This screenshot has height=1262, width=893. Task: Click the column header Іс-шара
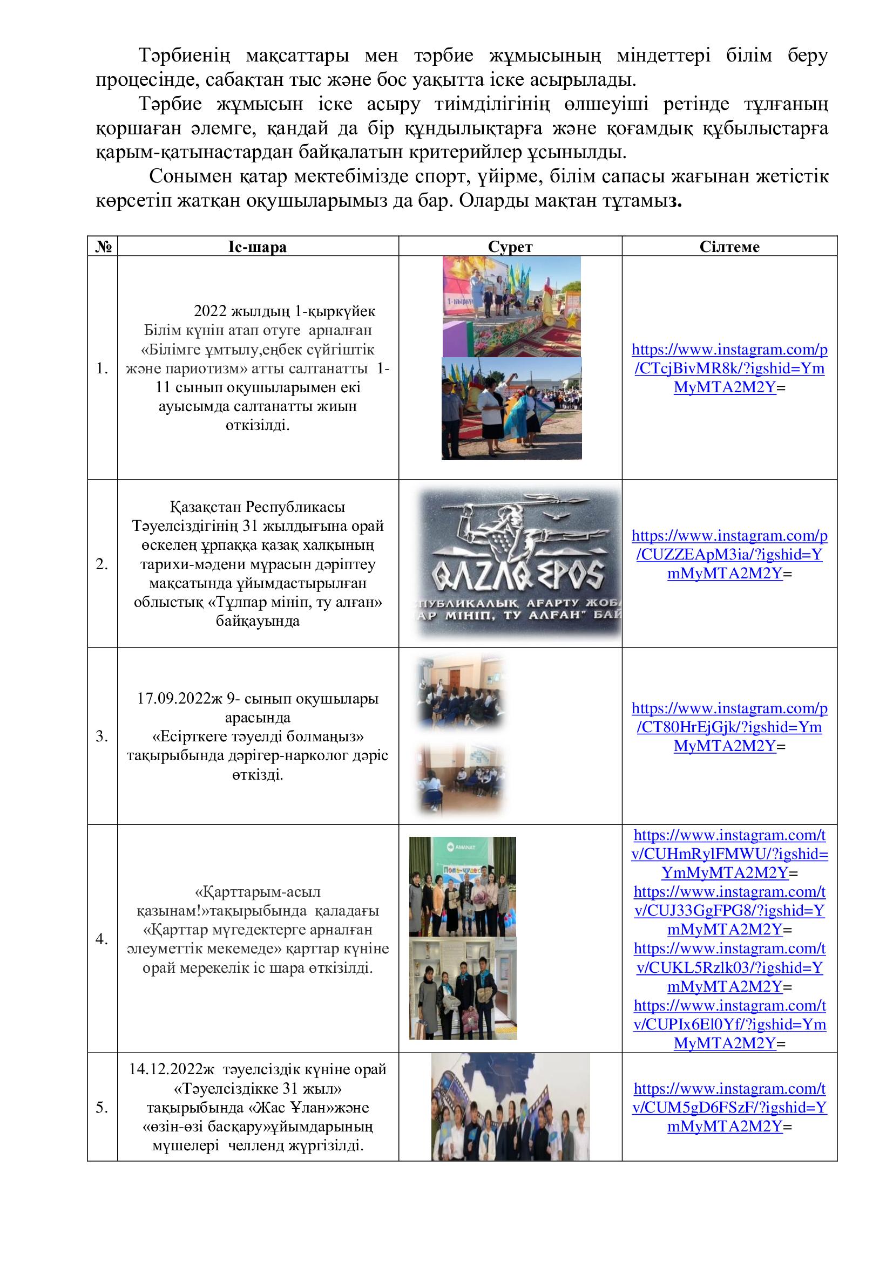258,247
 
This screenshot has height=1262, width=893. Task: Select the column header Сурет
510,247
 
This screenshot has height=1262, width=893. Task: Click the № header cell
103,247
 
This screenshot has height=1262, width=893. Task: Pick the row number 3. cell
102,736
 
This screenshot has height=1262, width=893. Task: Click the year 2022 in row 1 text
210,311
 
